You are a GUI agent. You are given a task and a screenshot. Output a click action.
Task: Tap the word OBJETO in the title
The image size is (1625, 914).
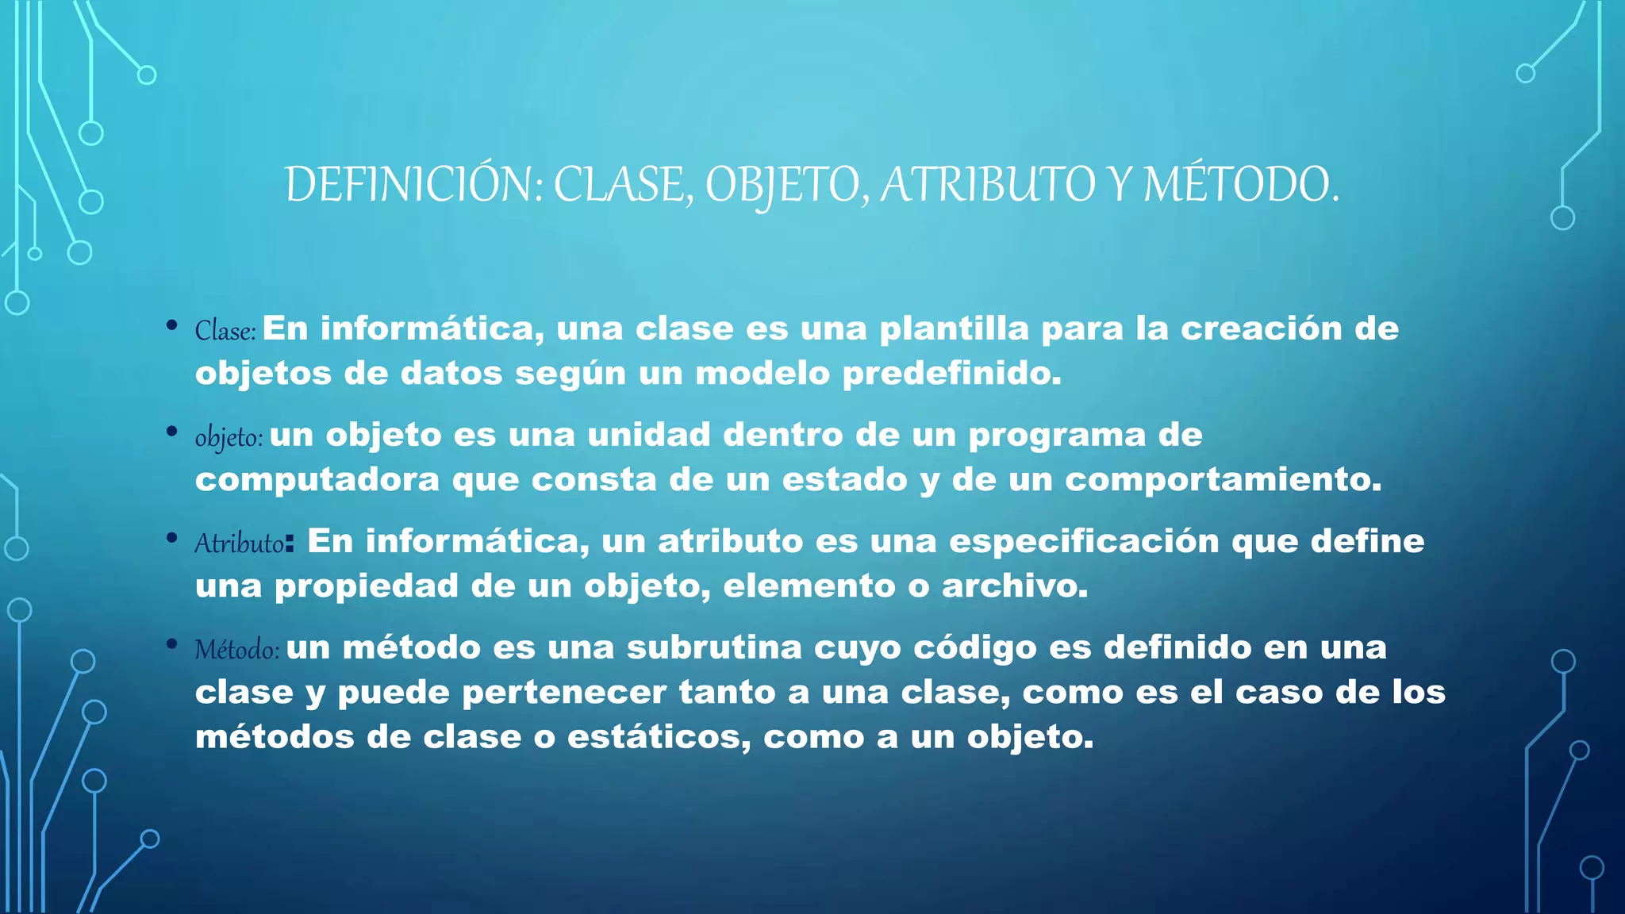781,185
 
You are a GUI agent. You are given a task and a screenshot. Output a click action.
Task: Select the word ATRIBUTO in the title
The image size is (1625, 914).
987,185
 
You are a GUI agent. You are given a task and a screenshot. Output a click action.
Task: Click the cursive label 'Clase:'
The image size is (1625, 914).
225,331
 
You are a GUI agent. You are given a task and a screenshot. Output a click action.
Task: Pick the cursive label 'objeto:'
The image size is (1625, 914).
229,437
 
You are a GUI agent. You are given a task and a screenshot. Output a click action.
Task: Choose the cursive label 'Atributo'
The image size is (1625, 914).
239,543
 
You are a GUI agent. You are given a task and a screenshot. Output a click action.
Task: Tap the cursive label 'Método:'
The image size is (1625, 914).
236,650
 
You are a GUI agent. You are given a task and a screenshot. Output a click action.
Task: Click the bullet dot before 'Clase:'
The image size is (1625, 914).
171,325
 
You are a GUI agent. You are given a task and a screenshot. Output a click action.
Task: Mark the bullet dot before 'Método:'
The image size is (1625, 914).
171,643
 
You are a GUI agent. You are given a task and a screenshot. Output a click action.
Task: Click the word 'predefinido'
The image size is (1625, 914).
951,374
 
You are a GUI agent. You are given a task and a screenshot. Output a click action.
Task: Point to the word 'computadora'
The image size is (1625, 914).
317,480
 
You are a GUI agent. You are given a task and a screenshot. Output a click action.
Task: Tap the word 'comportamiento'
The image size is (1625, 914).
1222,480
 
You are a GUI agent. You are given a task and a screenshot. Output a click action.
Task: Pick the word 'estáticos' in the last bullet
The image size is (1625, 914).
659,738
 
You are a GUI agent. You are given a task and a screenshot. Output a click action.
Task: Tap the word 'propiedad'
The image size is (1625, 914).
367,587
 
